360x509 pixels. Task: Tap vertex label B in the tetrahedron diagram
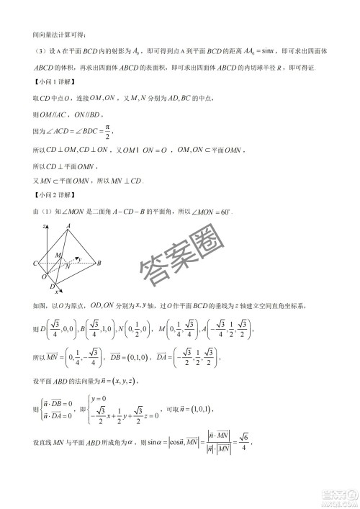[x=99, y=263]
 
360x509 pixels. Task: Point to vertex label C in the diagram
[x=35, y=264]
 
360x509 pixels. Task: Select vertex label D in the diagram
[x=52, y=286]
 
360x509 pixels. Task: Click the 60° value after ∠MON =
[x=230, y=211]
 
